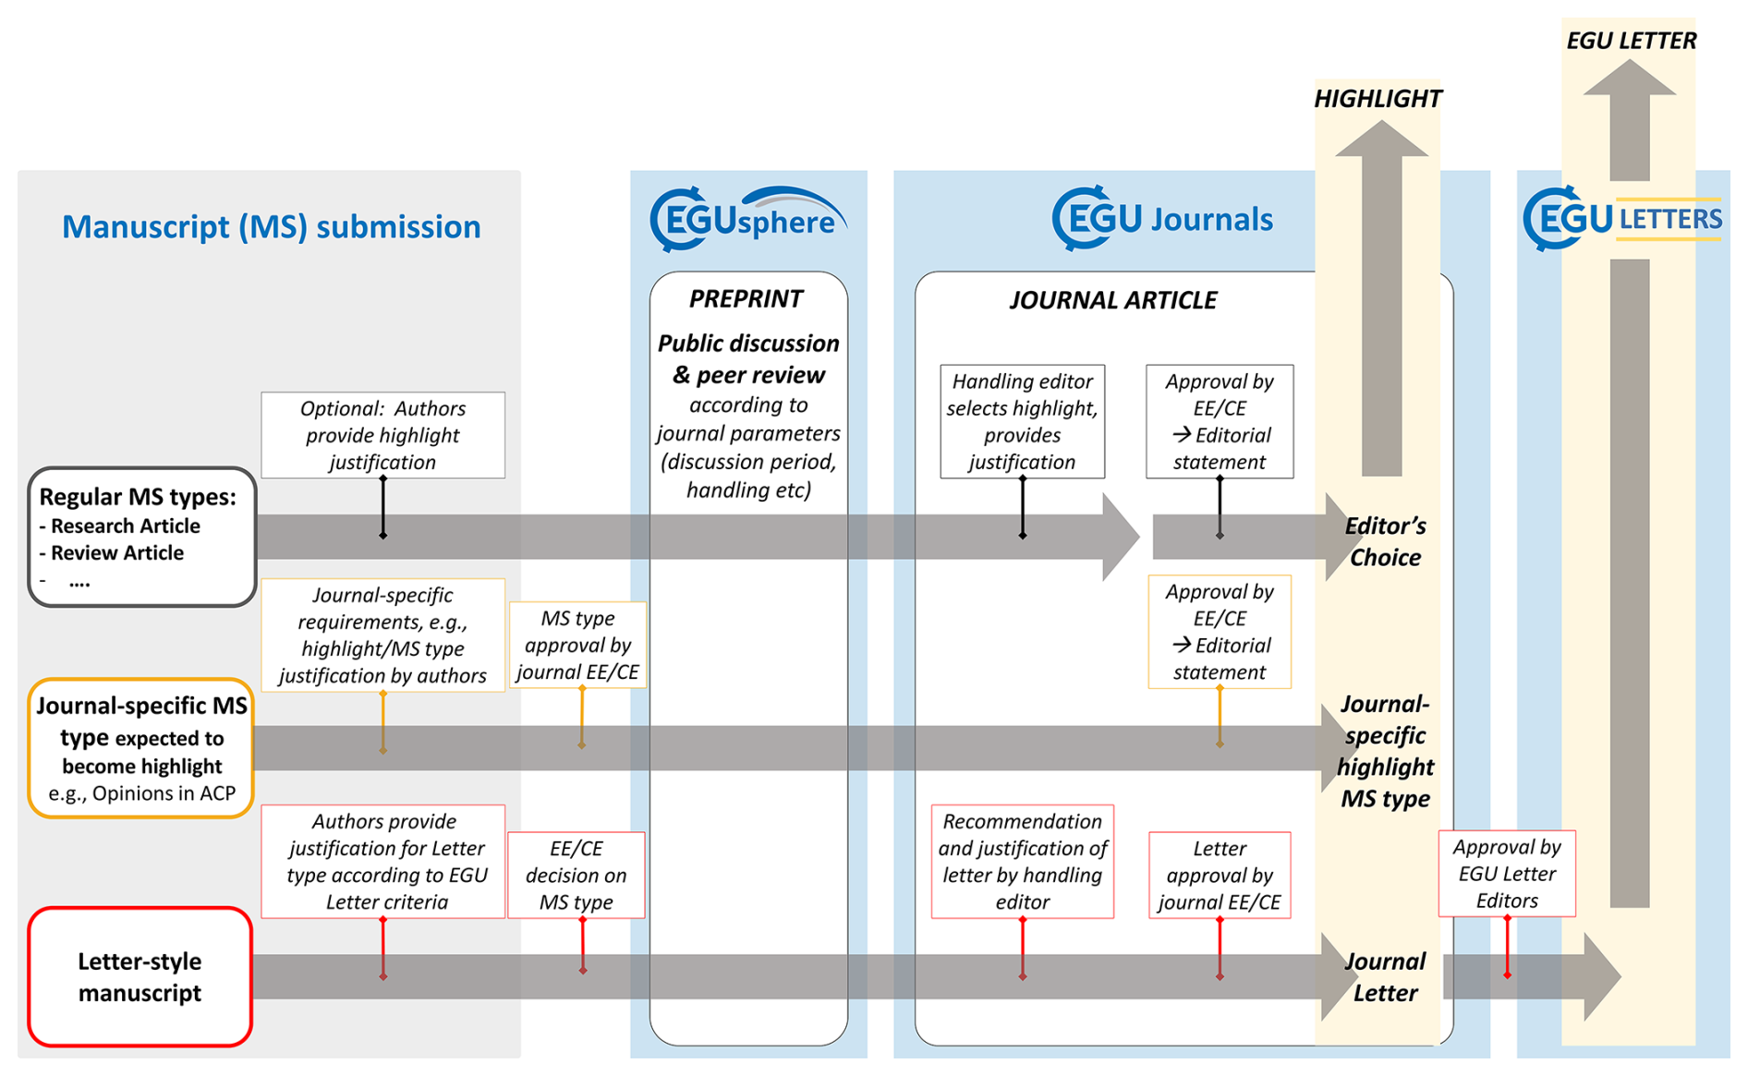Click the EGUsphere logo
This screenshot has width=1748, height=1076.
click(747, 220)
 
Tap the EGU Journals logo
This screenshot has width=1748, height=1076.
click(1162, 219)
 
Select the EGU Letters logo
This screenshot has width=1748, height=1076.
click(1622, 219)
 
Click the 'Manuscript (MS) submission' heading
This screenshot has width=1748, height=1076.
click(271, 226)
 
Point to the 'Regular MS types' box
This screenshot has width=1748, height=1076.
click(142, 537)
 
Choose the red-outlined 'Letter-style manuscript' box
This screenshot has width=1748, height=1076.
click(140, 976)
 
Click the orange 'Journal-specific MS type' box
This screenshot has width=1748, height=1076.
click(141, 748)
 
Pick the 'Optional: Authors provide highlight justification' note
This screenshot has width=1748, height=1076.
click(382, 435)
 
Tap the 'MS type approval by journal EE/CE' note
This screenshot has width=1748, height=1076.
click(577, 645)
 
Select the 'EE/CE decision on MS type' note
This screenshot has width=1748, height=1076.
click(576, 875)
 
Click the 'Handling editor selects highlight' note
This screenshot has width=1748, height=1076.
click(1022, 421)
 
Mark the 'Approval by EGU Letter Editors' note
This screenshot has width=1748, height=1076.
click(1506, 873)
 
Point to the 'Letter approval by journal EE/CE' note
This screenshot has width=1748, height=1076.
click(1219, 875)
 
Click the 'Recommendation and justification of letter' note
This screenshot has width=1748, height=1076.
click(1022, 861)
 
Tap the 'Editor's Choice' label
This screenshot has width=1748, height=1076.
click(1384, 541)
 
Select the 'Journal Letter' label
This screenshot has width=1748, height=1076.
click(1384, 976)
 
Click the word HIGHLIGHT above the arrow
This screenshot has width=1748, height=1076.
click(1378, 99)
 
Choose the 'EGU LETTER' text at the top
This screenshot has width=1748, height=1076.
click(1631, 41)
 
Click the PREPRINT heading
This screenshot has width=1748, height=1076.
click(747, 298)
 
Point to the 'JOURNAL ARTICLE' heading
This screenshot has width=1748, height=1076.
click(1112, 300)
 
